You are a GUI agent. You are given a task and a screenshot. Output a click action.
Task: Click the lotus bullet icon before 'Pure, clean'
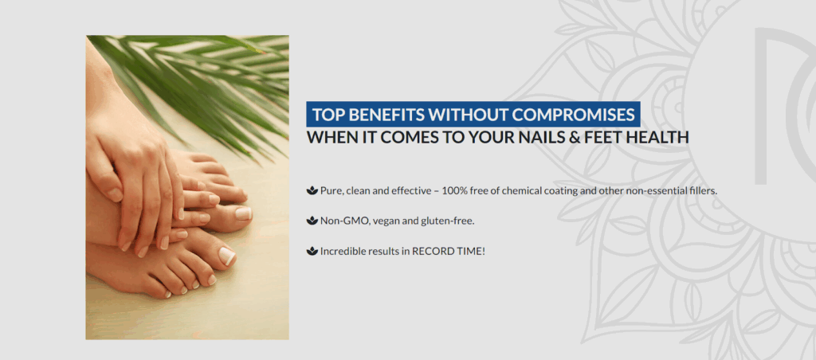click(x=312, y=190)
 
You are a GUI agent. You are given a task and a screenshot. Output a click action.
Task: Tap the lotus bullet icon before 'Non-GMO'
click(x=312, y=221)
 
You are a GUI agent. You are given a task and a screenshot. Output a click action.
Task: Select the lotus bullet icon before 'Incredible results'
click(x=312, y=251)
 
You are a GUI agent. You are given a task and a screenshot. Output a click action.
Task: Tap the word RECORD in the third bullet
click(x=429, y=251)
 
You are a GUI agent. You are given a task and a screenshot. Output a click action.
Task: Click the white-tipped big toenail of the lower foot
click(x=227, y=256)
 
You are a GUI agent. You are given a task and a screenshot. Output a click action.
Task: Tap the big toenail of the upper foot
click(x=244, y=213)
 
